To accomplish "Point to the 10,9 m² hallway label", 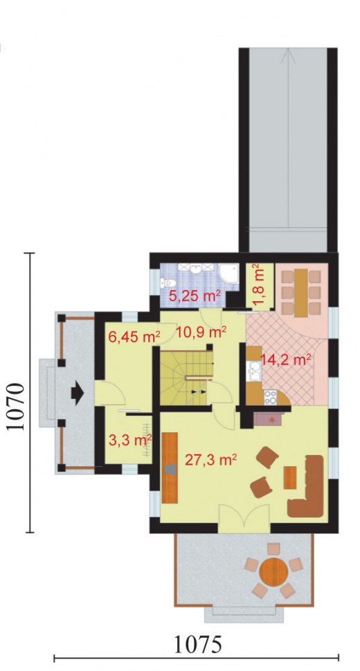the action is click(x=201, y=332).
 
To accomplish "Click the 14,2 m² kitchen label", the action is click(x=286, y=360).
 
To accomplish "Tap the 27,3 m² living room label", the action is click(x=211, y=460).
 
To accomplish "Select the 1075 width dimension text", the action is click(x=198, y=645).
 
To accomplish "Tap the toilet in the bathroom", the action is click(x=167, y=283).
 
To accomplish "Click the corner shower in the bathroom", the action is click(x=229, y=273).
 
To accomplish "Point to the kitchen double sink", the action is click(x=255, y=370).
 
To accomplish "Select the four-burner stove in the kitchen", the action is click(x=270, y=397).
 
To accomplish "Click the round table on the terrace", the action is click(x=273, y=570).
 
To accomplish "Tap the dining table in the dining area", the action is click(x=301, y=292).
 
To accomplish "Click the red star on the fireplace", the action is click(x=271, y=420).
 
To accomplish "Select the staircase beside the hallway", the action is click(x=186, y=378).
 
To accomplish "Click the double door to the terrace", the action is click(x=244, y=519).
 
